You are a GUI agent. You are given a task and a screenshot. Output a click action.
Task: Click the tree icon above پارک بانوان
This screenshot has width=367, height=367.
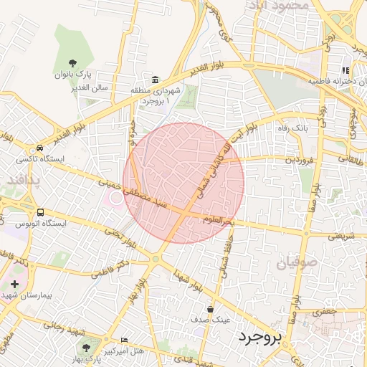74,62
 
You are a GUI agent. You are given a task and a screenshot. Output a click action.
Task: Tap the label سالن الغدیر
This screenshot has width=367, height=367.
73,87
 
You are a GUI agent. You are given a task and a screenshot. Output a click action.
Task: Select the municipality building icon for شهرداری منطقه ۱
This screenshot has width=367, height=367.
155,79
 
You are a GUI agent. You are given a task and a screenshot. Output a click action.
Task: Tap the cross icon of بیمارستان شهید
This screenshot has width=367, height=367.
14,285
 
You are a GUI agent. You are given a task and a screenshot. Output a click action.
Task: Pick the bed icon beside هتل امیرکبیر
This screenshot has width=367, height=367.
125,340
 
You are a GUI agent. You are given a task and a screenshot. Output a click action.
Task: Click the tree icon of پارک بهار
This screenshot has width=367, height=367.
87,347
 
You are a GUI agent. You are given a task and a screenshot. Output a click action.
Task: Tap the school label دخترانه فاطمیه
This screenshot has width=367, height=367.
333,82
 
